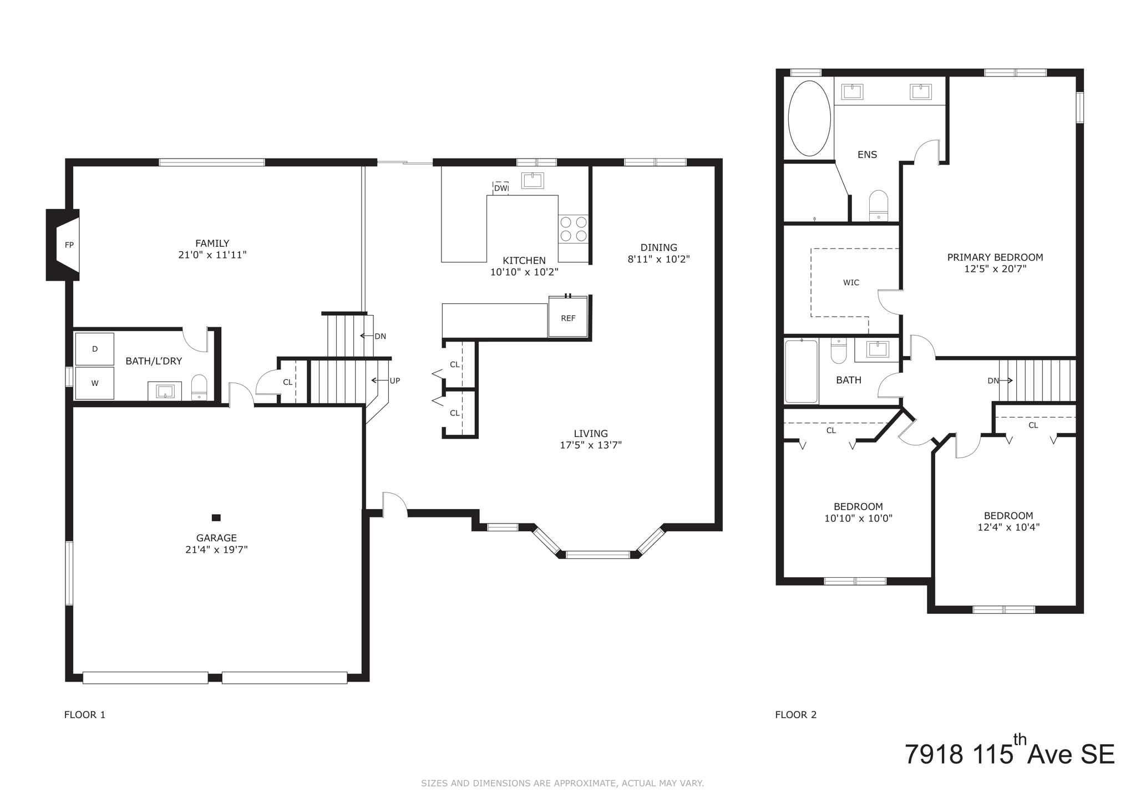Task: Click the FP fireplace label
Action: click(x=69, y=245)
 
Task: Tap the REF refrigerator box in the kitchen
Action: click(x=568, y=318)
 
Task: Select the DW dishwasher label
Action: click(x=501, y=188)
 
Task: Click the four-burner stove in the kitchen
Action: click(x=574, y=229)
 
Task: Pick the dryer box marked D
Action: click(x=95, y=349)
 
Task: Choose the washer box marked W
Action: click(x=95, y=383)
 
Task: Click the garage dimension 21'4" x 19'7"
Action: click(x=216, y=550)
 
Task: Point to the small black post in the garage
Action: click(x=216, y=517)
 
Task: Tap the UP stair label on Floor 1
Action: click(x=394, y=380)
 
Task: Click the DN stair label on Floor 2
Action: click(x=993, y=380)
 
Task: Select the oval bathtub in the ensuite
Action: click(x=809, y=118)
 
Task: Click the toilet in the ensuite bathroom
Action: click(x=878, y=205)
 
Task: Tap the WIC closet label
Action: click(x=851, y=282)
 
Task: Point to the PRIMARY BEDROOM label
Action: click(x=995, y=257)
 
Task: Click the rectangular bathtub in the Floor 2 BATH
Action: click(x=802, y=372)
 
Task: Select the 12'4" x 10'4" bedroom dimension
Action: click(x=1008, y=527)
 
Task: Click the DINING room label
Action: click(x=658, y=247)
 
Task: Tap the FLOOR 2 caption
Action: click(x=795, y=714)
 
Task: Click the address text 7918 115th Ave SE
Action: click(x=1010, y=754)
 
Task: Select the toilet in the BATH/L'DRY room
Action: click(x=199, y=387)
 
